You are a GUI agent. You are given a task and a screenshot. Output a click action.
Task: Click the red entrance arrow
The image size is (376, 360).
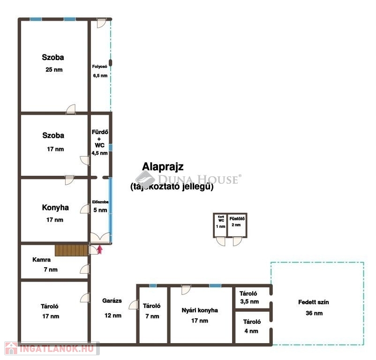(100, 249)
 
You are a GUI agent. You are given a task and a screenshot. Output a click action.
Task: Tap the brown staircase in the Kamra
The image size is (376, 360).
(71, 250)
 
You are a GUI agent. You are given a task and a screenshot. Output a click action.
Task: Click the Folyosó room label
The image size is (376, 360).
(99, 67)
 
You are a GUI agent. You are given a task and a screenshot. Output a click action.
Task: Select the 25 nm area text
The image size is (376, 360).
(54, 69)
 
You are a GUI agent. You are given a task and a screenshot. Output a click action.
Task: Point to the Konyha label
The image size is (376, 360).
(55, 207)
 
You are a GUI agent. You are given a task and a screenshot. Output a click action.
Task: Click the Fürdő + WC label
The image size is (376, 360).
(100, 139)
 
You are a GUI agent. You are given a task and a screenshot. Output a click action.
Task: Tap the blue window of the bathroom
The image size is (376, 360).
(111, 147)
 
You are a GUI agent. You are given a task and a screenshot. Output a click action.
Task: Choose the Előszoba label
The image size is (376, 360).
(100, 202)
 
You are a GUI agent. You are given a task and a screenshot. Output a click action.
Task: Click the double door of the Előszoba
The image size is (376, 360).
(100, 238)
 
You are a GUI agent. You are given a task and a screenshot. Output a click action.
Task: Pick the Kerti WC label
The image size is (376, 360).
(221, 218)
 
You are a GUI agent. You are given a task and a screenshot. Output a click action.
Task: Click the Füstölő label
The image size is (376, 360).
(237, 218)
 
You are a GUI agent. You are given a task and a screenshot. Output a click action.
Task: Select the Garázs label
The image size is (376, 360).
(112, 300)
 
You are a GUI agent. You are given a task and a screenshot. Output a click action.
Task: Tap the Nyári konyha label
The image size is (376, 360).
(200, 310)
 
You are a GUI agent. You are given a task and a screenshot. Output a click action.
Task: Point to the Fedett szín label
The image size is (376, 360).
(314, 302)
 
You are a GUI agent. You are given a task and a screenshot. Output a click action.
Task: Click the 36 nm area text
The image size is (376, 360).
(314, 313)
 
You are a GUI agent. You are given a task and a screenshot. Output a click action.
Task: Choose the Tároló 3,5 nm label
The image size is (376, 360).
(249, 298)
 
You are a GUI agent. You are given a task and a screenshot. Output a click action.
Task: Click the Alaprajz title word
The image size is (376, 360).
(163, 167)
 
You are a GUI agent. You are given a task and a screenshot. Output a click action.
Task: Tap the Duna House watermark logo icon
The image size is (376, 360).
(145, 179)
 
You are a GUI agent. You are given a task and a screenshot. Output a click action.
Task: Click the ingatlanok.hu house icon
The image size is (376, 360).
(11, 348)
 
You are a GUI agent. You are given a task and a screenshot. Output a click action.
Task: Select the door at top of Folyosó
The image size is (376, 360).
(101, 23)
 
